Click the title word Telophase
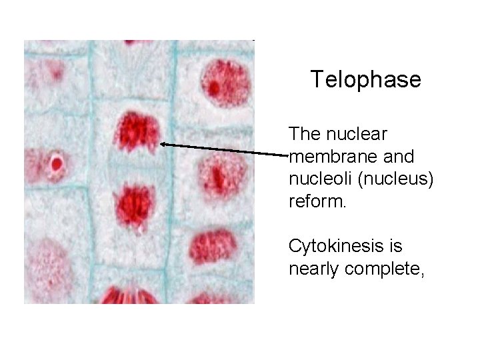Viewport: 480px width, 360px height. (365, 80)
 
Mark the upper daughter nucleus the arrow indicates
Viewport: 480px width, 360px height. (137, 132)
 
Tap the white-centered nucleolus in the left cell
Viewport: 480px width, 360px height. (56, 163)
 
